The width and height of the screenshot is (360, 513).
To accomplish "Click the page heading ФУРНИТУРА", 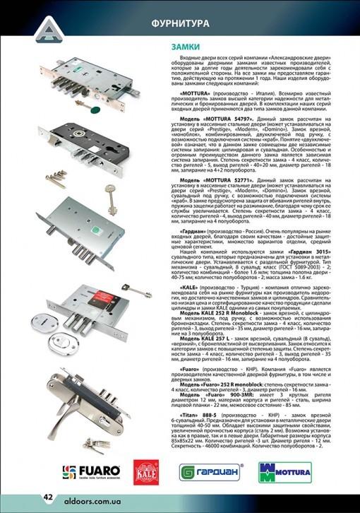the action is pos(180,23).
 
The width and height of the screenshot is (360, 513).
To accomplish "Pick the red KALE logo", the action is pos(145,471).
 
